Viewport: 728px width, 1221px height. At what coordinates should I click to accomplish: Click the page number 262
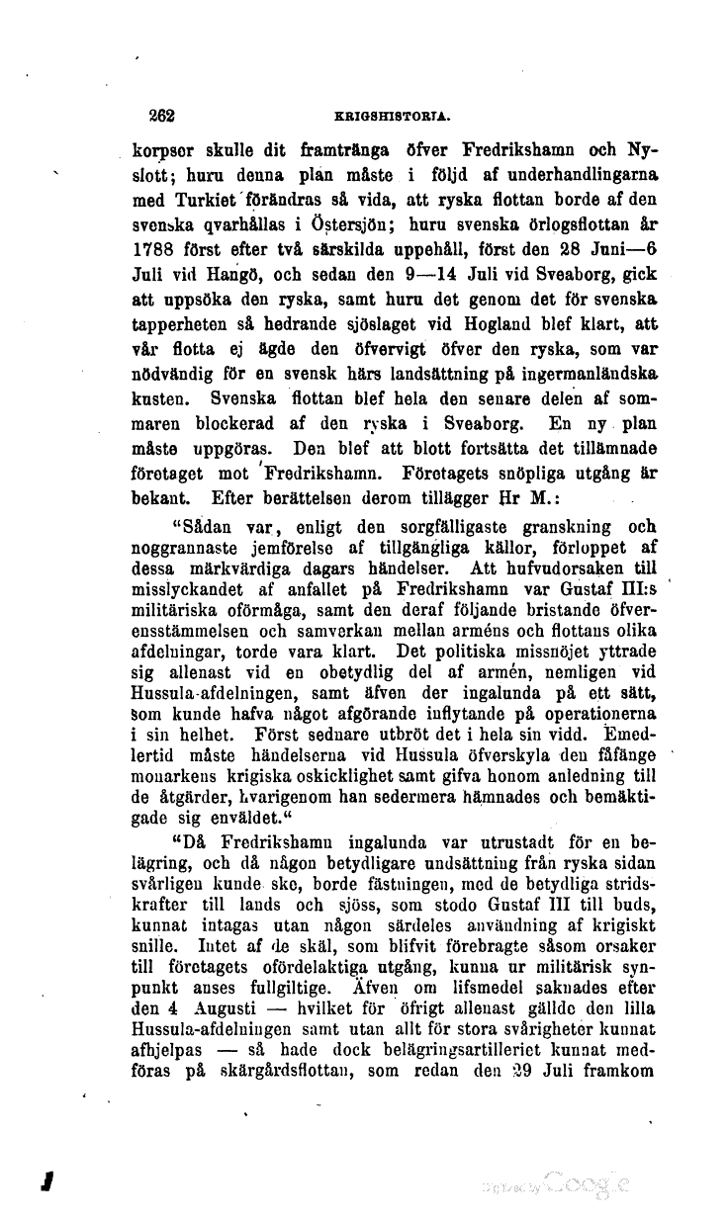click(x=161, y=114)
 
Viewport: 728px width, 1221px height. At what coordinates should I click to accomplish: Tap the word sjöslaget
click(x=369, y=334)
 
